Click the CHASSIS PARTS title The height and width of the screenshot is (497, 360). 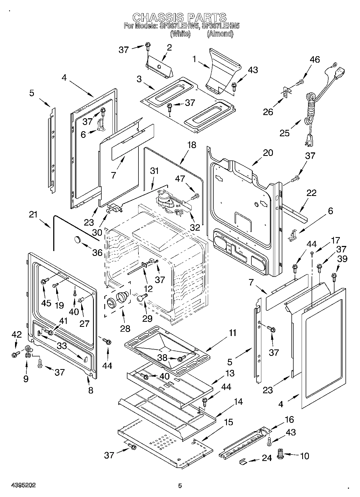point(179,17)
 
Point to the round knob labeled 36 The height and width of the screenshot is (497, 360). point(78,239)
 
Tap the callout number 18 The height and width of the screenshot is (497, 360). point(192,145)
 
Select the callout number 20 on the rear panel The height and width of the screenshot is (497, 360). point(268,153)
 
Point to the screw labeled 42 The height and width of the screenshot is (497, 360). point(15,354)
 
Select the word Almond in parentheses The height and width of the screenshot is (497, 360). point(220,34)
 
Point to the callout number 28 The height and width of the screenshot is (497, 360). point(125,328)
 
